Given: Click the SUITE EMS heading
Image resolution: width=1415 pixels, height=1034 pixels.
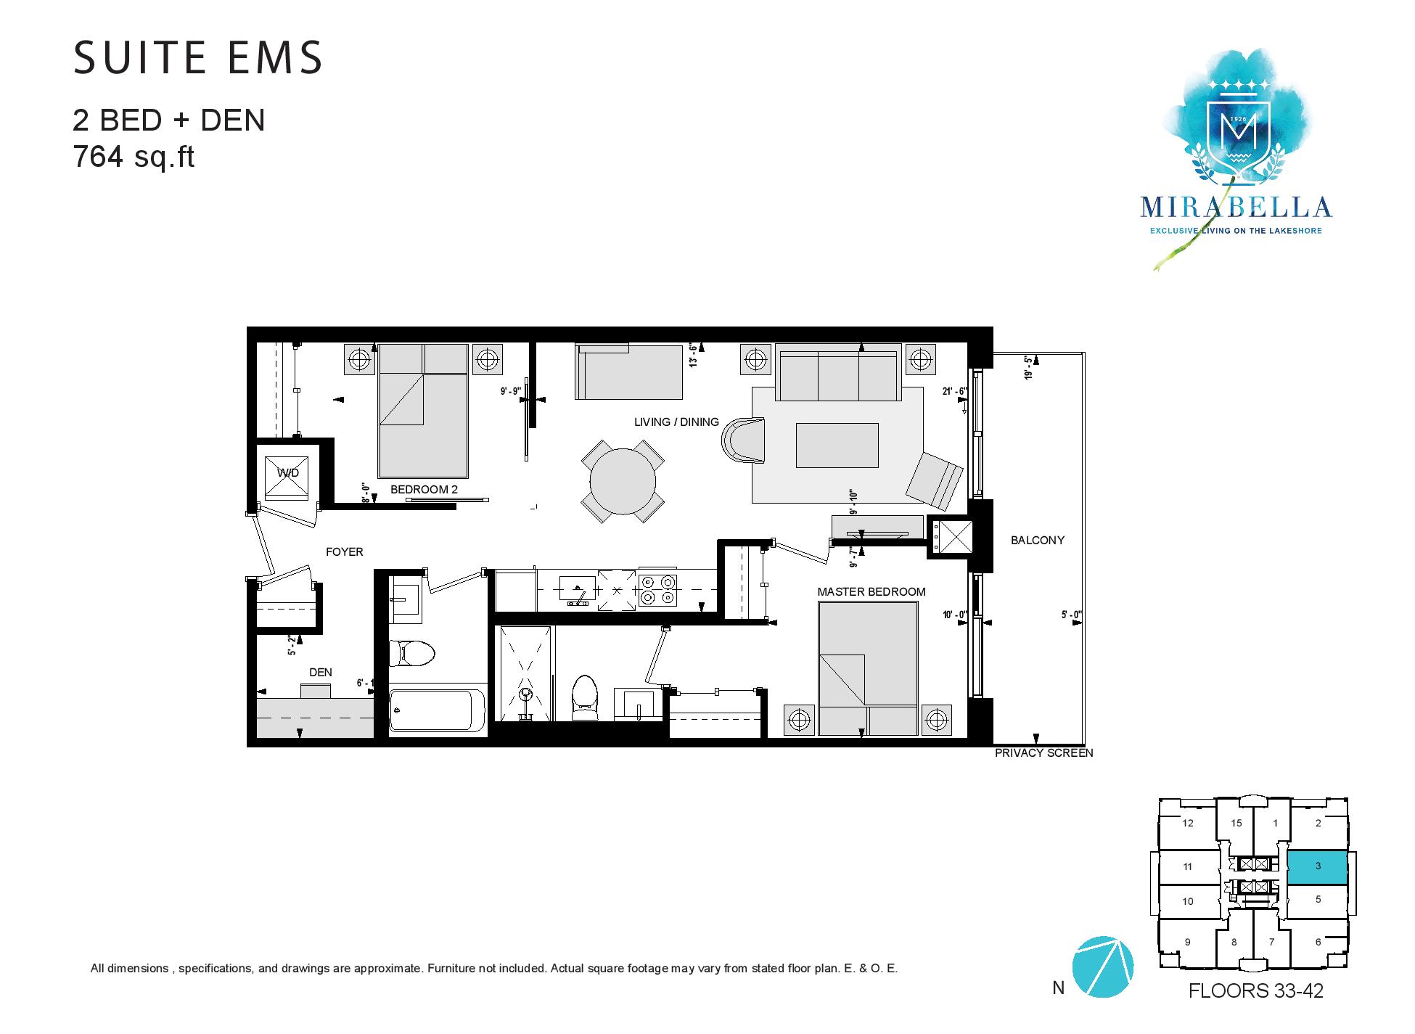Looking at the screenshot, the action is pyautogui.click(x=198, y=57).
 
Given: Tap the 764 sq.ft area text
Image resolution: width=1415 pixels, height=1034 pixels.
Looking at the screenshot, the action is pyautogui.click(x=134, y=157).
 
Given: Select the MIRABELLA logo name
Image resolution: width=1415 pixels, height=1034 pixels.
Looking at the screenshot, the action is pyautogui.click(x=1236, y=208).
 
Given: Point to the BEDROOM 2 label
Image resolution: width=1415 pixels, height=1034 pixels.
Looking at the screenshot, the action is pyautogui.click(x=424, y=490).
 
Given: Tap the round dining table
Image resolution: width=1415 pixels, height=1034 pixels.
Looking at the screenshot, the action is pyautogui.click(x=623, y=481).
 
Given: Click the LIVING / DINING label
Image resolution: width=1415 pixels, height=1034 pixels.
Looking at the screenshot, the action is pyautogui.click(x=676, y=422).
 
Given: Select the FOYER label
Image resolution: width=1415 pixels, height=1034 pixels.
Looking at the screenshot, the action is pyautogui.click(x=344, y=552).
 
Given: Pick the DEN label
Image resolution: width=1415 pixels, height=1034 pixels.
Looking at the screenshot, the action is pyautogui.click(x=320, y=673).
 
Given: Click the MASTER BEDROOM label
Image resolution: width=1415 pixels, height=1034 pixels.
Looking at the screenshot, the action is pyautogui.click(x=871, y=592).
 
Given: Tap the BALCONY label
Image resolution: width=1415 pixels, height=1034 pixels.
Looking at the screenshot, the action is pyautogui.click(x=1038, y=541).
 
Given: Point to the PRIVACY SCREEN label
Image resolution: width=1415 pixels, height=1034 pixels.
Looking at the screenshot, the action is pyautogui.click(x=1043, y=753).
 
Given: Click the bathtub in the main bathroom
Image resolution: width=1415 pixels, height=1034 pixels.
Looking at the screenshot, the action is pyautogui.click(x=438, y=710).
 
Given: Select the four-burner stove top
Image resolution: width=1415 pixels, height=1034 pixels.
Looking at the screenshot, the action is pyautogui.click(x=658, y=589).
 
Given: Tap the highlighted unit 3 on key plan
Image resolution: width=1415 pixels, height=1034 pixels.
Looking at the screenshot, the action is pyautogui.click(x=1317, y=867).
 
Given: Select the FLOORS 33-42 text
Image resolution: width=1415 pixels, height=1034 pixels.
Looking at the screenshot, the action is pyautogui.click(x=1255, y=990).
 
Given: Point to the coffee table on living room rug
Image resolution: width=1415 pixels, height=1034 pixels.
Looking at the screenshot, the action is pyautogui.click(x=837, y=446).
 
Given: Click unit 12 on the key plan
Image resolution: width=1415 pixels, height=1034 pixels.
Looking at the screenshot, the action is pyautogui.click(x=1187, y=823).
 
